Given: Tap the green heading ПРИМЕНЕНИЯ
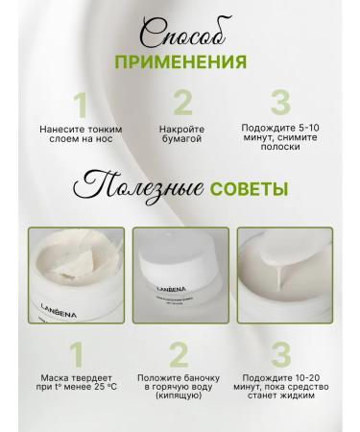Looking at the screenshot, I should click(x=180, y=62).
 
